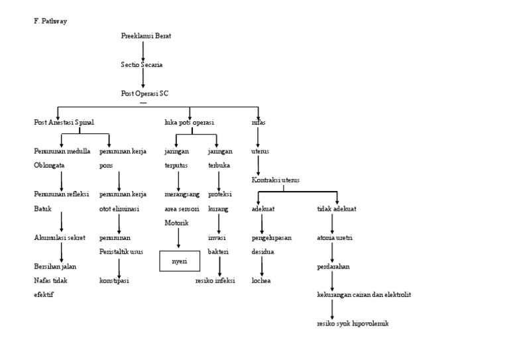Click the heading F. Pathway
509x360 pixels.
50,21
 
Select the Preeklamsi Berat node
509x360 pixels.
146,36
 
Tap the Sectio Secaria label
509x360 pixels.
141,65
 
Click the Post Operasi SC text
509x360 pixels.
144,93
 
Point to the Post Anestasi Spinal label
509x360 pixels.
64,123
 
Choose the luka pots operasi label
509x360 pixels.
189,123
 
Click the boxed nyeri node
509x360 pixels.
179,261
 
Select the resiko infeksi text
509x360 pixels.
215,280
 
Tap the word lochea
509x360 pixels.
262,280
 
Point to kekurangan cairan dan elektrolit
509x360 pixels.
364,294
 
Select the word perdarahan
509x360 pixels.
333,266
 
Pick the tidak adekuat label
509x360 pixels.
337,208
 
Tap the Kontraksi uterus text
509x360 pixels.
276,180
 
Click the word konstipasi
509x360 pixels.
114,280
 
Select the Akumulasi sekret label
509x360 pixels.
60,237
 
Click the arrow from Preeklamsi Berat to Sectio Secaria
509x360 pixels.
143,50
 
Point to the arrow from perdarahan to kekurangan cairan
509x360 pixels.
332,280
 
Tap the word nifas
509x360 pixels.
258,123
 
